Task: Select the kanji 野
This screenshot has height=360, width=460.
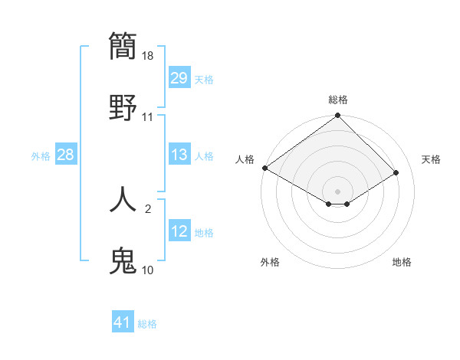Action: click(x=123, y=106)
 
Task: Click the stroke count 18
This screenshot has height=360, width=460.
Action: click(x=148, y=56)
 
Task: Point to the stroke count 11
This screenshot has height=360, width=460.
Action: click(x=148, y=117)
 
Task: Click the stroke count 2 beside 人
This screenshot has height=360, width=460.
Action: click(x=148, y=208)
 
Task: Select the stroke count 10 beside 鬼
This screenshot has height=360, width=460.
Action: click(x=148, y=270)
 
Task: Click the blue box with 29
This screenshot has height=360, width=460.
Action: click(x=179, y=78)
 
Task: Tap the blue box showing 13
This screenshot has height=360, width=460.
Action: click(x=179, y=155)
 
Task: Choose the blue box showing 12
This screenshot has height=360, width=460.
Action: click(x=179, y=231)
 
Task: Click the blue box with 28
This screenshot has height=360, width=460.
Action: click(x=66, y=155)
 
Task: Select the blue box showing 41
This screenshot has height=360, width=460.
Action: click(x=123, y=322)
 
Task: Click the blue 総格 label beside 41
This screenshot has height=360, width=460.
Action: click(x=147, y=324)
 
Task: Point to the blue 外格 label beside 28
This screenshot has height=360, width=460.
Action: click(x=41, y=156)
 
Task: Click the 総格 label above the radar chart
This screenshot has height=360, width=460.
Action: click(x=338, y=100)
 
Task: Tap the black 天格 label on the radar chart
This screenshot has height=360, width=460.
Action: click(x=431, y=159)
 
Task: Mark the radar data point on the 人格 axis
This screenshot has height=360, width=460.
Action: click(x=264, y=168)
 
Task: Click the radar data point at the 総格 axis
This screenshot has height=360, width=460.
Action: click(x=338, y=116)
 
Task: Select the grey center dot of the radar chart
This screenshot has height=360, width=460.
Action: click(x=338, y=191)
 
